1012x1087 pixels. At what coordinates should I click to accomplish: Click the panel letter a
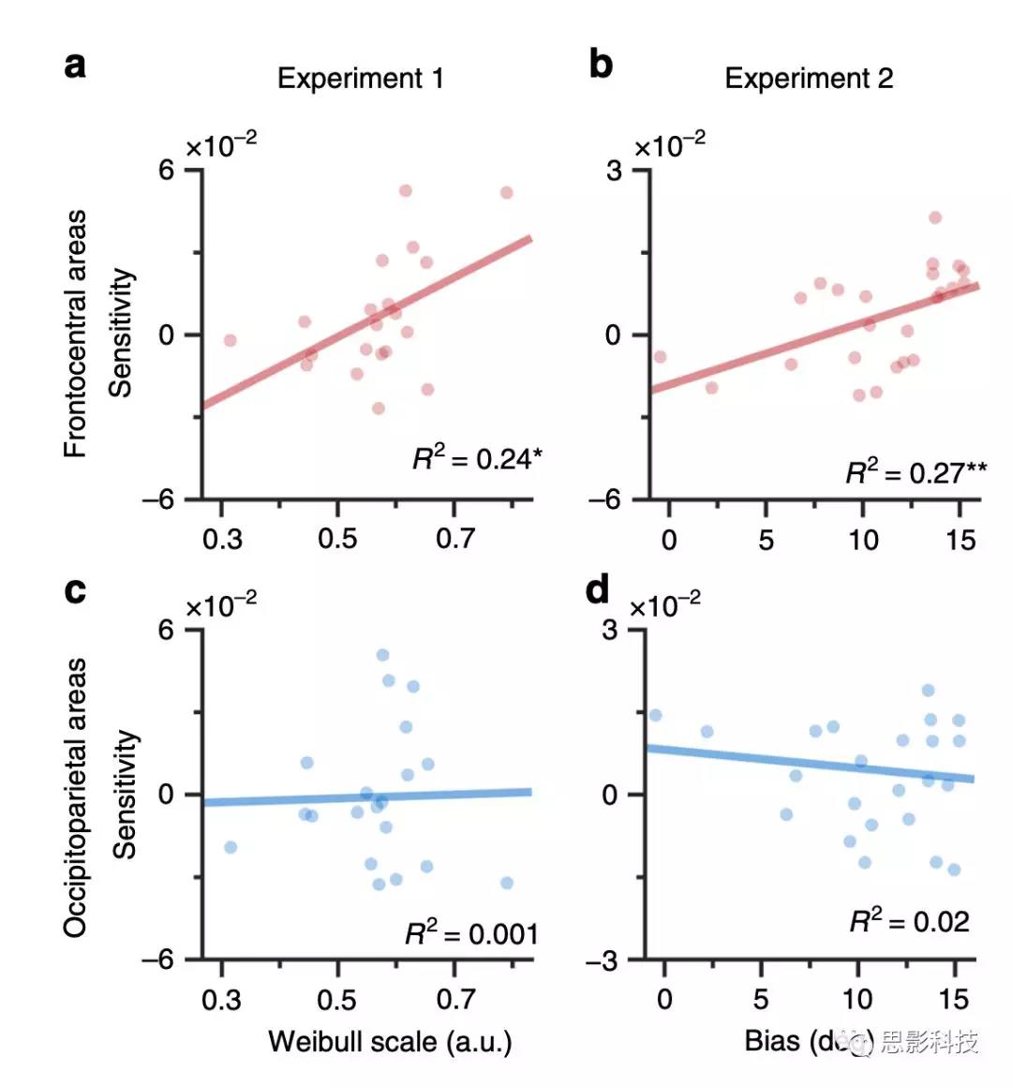pyautogui.click(x=76, y=66)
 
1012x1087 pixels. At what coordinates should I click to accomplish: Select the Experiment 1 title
pyautogui.click(x=360, y=78)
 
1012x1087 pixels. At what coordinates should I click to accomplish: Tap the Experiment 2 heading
pyautogui.click(x=809, y=78)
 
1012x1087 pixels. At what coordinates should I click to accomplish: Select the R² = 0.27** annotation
pyautogui.click(x=915, y=471)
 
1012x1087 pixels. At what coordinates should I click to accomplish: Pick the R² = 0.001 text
pyautogui.click(x=471, y=933)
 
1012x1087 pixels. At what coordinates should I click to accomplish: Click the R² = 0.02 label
pyautogui.click(x=909, y=921)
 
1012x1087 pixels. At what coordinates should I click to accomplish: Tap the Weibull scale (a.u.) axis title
pyautogui.click(x=390, y=1041)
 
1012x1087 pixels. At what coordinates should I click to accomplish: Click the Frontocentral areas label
pyautogui.click(x=75, y=334)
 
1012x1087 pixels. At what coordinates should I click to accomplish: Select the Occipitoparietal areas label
pyautogui.click(x=75, y=797)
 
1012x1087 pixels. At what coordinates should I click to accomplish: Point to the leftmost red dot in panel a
pyautogui.click(x=230, y=340)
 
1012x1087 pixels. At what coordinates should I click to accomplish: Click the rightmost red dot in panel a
pyautogui.click(x=506, y=192)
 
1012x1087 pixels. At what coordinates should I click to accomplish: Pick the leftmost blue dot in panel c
pyautogui.click(x=231, y=847)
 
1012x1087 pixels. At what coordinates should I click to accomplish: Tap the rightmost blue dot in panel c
pyautogui.click(x=507, y=883)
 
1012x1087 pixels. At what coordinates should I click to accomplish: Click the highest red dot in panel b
pyautogui.click(x=934, y=217)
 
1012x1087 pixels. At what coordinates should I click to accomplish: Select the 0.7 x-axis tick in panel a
pyautogui.click(x=454, y=539)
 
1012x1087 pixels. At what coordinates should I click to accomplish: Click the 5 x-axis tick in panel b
pyautogui.click(x=766, y=540)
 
